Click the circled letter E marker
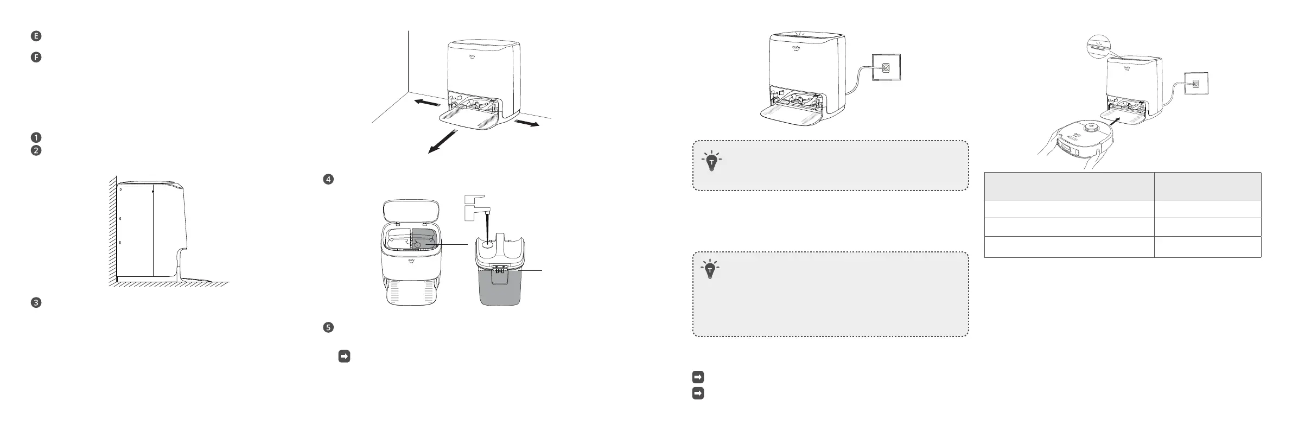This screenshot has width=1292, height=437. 36,36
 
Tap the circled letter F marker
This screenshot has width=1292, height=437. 36,57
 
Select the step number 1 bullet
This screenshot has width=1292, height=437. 36,138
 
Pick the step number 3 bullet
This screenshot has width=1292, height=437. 36,303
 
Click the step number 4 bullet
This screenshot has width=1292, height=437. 328,179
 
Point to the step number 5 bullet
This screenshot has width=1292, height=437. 328,327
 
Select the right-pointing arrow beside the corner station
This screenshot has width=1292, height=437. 526,123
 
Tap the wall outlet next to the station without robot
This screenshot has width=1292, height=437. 886,68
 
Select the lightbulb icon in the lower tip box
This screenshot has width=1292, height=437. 710,269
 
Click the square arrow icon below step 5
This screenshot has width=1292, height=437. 343,356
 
